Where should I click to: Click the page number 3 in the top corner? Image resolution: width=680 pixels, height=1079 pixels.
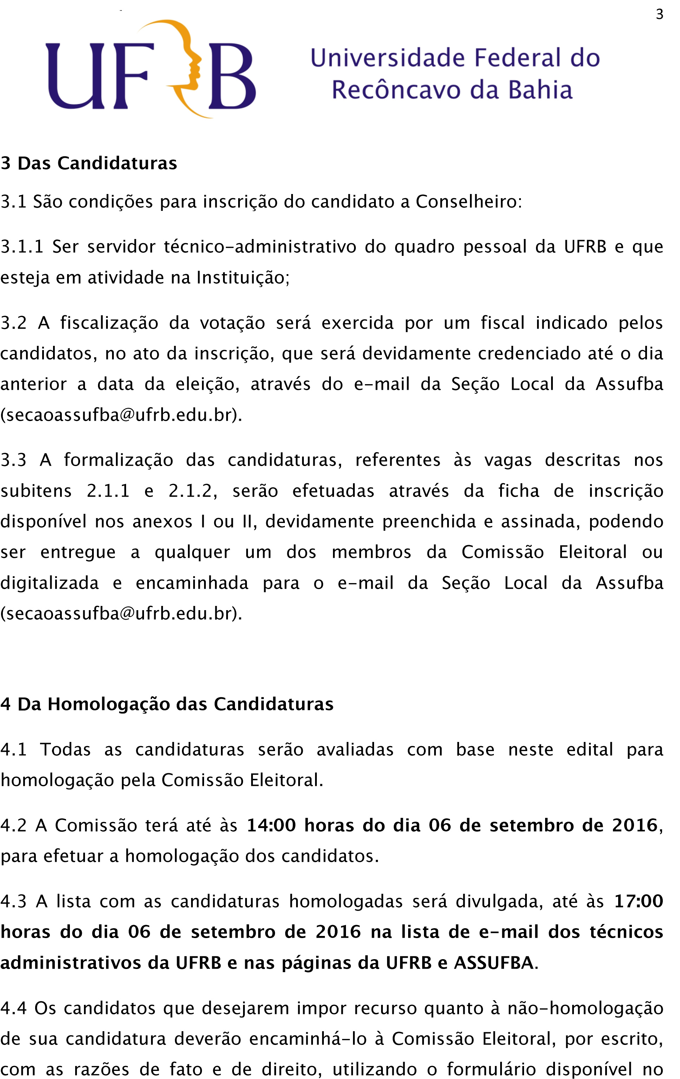click(x=659, y=15)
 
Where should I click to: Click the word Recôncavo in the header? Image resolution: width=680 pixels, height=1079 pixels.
click(x=396, y=90)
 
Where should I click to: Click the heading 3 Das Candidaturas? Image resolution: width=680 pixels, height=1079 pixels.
click(x=89, y=163)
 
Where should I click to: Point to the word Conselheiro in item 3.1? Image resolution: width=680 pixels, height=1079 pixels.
click(x=468, y=202)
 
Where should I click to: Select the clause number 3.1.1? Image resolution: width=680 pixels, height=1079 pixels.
click(x=22, y=247)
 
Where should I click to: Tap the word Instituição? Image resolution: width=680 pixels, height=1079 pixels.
click(x=243, y=278)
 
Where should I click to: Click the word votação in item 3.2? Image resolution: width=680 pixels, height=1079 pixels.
click(x=232, y=323)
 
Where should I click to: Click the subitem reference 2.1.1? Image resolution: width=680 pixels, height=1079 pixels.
click(x=108, y=491)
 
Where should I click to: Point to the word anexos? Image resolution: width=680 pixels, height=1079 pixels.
click(x=162, y=522)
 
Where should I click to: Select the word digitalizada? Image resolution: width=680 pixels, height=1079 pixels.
click(x=49, y=583)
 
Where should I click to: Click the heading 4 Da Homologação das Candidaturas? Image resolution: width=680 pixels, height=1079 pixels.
click(x=167, y=704)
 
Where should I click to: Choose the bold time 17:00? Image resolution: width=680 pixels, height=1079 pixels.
click(x=638, y=901)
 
